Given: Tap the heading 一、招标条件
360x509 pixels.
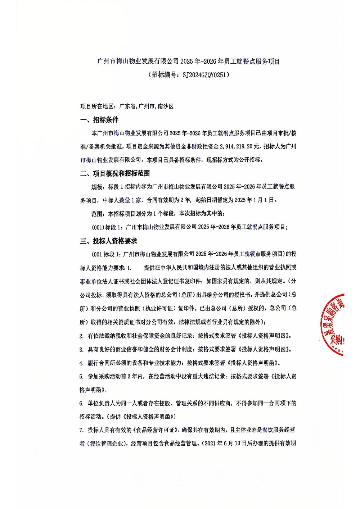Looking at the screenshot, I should point(99,120).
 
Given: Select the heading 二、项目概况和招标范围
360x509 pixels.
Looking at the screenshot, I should point(115,173).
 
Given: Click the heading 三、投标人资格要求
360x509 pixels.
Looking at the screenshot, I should point(108,241).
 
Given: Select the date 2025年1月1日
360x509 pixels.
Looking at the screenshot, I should point(255,200).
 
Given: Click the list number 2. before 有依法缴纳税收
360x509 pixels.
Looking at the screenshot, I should point(82,336).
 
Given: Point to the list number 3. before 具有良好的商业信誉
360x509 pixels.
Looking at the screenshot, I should point(82,350).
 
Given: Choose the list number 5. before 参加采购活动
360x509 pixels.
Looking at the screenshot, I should point(82,377).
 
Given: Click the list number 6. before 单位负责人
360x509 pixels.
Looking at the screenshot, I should point(82,404).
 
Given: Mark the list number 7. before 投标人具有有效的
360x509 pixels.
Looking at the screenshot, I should point(82,431).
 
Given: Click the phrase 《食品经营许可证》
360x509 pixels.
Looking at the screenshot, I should point(156,431).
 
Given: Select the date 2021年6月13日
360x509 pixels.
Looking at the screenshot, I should point(225,444).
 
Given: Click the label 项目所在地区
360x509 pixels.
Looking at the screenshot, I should point(96,106).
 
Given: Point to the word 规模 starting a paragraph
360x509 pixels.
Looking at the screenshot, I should point(97,187).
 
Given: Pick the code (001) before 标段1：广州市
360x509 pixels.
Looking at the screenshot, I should point(98,227).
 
